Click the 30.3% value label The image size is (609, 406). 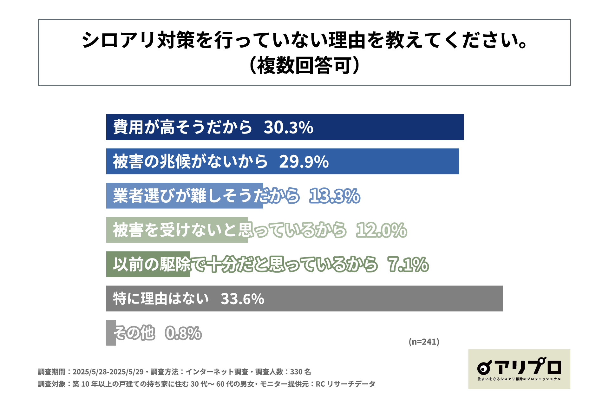coord(288,128)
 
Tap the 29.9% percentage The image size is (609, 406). coord(304,162)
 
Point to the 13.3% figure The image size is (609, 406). coord(335,196)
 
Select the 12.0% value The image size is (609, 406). coord(381,230)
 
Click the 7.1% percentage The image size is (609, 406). coord(408,265)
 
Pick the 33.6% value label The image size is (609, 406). coord(242,299)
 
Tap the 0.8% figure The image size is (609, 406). coord(183,333)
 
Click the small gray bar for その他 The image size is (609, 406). coord(111,333)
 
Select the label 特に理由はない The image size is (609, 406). coord(161,299)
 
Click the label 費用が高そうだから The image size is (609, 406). coord(182,128)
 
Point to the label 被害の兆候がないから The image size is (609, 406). coord(190,162)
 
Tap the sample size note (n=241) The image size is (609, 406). coord(424,342)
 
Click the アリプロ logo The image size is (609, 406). coord(519,369)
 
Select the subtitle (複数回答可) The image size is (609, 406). coord(304,66)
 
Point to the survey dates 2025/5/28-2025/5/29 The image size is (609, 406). coord(108,372)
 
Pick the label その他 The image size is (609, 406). coord(134,333)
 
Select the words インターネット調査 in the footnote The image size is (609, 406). coord(217,372)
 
